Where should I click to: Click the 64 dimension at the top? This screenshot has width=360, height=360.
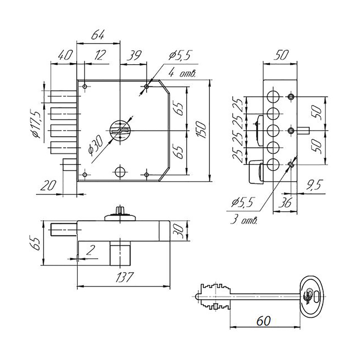(99, 35)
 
